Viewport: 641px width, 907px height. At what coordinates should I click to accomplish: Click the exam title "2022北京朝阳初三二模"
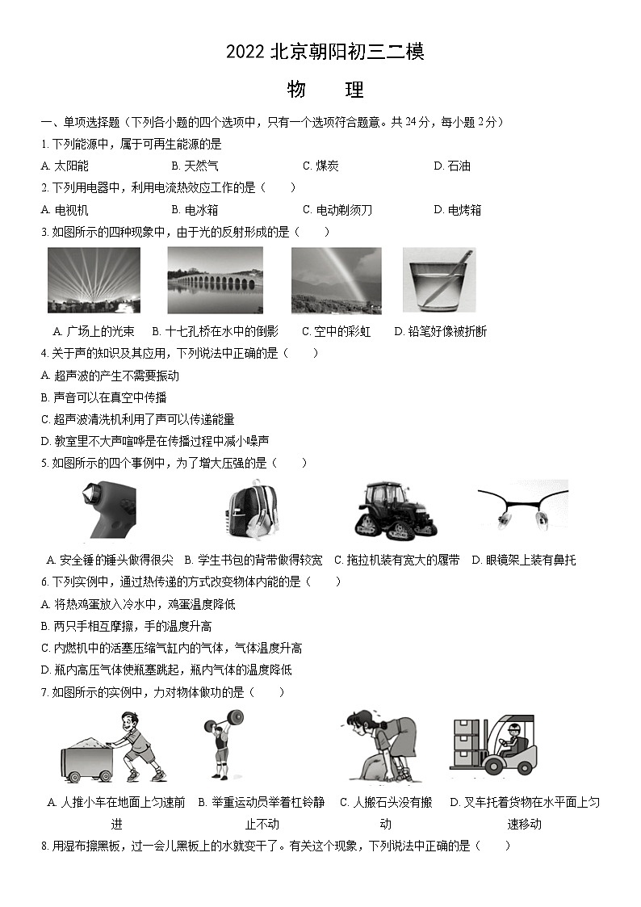tap(325, 52)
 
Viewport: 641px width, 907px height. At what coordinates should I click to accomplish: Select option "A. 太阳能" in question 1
tap(65, 166)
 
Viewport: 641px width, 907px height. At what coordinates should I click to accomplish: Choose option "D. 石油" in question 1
tap(452, 166)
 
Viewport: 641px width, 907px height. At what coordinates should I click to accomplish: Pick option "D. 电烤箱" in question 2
tap(457, 210)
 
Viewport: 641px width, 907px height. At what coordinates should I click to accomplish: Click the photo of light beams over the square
tap(94, 279)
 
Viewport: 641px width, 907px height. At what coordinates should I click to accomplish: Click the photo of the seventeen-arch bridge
tap(215, 279)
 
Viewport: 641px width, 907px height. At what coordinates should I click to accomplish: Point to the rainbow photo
tap(336, 279)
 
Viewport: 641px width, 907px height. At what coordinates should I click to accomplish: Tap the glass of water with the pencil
tap(439, 279)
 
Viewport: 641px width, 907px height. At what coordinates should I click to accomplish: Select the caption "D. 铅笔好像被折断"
tap(441, 331)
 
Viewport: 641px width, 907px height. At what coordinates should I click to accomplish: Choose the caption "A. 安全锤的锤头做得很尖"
tap(110, 560)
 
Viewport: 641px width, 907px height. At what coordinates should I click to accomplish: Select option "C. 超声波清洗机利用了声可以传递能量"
tap(137, 419)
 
